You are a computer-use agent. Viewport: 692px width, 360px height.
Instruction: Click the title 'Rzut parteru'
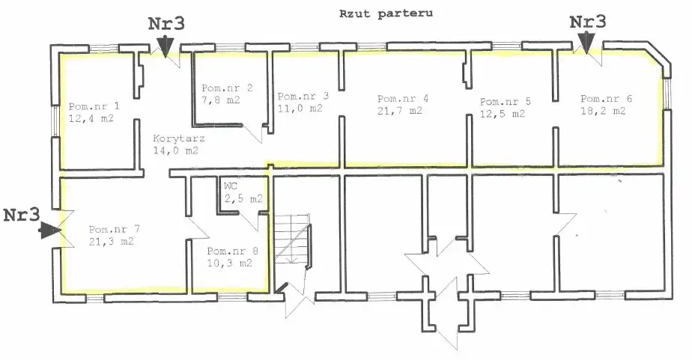click(x=386, y=13)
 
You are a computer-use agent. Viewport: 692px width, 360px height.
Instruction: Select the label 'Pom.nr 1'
click(x=94, y=106)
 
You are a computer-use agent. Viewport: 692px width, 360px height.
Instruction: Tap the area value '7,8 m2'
click(x=221, y=100)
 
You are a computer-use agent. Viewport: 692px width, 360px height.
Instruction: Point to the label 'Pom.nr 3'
click(x=303, y=97)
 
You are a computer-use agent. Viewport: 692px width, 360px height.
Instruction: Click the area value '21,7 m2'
click(x=399, y=110)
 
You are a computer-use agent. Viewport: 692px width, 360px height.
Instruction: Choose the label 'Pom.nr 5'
click(x=506, y=102)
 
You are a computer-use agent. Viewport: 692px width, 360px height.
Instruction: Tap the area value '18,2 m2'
click(x=603, y=111)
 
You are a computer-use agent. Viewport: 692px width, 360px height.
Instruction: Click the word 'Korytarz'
click(x=179, y=138)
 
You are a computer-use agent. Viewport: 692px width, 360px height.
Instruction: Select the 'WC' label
click(x=231, y=186)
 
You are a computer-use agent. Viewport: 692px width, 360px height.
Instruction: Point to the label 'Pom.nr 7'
click(x=115, y=230)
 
